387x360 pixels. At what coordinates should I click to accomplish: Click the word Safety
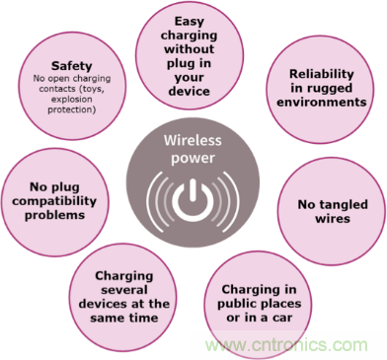click(x=71, y=67)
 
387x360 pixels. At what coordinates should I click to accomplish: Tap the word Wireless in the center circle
click(x=193, y=140)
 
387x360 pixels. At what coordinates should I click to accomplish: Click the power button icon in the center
click(x=193, y=200)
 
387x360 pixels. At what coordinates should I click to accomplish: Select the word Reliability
click(x=321, y=75)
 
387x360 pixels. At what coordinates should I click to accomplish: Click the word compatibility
click(x=54, y=201)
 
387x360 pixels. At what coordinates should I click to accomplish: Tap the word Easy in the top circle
click(x=189, y=22)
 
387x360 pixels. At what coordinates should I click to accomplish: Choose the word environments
click(x=322, y=102)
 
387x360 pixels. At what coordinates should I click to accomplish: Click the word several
click(x=124, y=290)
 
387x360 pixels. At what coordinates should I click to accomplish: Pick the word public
click(x=235, y=305)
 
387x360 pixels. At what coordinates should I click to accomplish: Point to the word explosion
click(x=72, y=100)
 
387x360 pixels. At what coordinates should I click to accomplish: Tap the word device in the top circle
click(x=189, y=91)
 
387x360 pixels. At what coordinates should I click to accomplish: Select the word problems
click(x=54, y=216)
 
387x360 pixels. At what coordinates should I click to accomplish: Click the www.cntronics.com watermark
click(x=286, y=345)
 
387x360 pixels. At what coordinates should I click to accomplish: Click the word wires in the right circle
click(x=333, y=219)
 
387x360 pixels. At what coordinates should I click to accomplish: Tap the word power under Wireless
click(x=193, y=159)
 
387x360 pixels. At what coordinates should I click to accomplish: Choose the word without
click(x=189, y=49)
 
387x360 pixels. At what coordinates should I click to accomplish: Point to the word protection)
click(x=72, y=110)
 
